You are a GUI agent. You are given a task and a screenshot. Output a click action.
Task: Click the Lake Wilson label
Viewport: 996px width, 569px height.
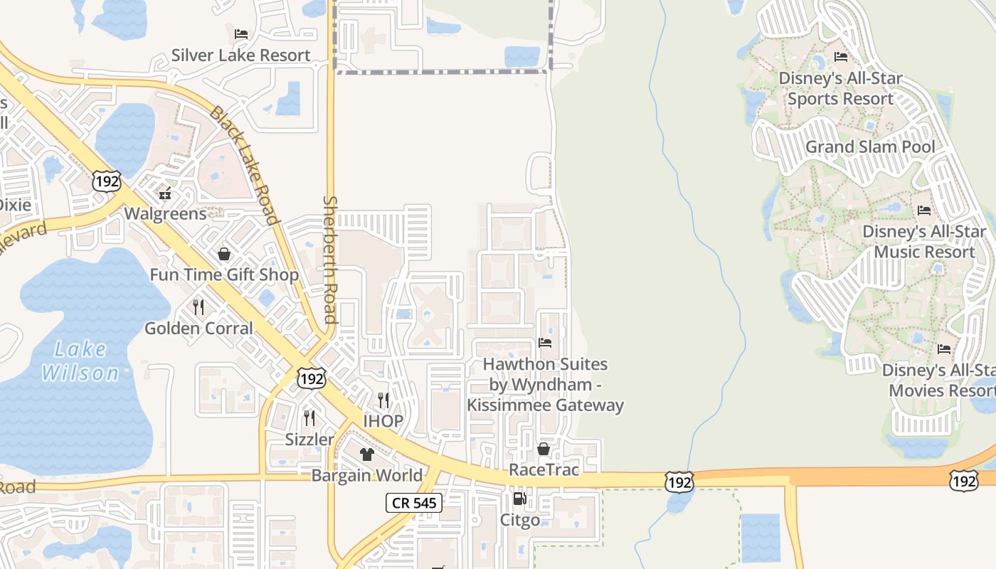coord(80,361)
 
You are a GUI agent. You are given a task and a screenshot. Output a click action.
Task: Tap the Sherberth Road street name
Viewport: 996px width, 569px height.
coord(329,260)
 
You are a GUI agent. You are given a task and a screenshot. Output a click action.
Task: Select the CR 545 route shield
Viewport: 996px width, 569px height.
coord(415,504)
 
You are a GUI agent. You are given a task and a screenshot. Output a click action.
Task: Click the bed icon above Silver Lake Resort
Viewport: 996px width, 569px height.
coord(241,33)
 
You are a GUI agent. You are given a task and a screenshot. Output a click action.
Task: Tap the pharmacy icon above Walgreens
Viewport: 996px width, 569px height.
coord(166,193)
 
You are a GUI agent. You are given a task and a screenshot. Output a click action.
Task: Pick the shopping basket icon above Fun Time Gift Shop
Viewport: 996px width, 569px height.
coord(224,254)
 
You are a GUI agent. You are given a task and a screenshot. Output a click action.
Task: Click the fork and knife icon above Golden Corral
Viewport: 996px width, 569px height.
coord(198,307)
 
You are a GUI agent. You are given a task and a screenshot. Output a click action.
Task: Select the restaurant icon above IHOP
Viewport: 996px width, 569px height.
coord(383,400)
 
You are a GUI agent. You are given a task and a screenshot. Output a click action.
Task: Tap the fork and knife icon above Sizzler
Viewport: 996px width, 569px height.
coord(309,418)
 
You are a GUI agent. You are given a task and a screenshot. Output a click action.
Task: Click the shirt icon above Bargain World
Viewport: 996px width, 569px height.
coord(367,454)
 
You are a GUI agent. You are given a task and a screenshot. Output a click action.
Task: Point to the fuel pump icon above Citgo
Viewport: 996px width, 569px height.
coord(520,499)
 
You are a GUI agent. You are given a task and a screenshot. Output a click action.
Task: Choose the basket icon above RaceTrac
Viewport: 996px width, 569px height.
coord(544,449)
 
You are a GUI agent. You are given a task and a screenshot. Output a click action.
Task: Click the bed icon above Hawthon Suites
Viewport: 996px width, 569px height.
coord(545,343)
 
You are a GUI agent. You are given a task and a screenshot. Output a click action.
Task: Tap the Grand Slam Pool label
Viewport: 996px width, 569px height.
coord(870,147)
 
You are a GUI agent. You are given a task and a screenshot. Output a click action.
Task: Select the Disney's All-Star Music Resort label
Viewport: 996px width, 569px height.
coord(924,242)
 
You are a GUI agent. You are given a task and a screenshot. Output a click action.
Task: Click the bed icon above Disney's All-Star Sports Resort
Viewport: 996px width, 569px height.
coord(841,57)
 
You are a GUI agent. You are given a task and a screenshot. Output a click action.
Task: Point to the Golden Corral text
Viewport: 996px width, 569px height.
coord(198,328)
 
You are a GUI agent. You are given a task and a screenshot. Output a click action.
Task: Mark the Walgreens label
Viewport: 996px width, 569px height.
coord(165,213)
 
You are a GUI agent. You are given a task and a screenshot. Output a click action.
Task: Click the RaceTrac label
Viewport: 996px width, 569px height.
coord(544,469)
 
